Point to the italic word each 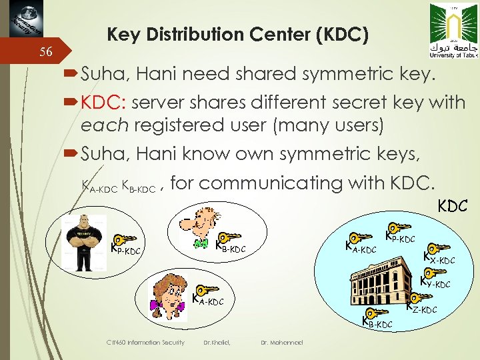(x=99, y=124)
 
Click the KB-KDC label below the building (x=377, y=323)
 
